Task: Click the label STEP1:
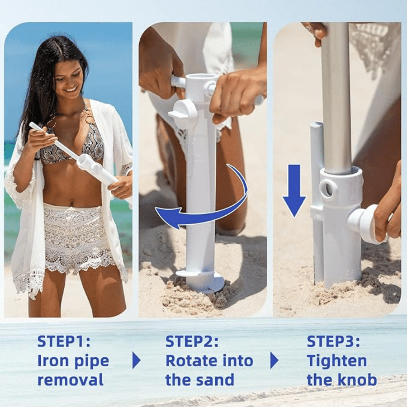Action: coord(64,341)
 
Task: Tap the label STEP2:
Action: coord(192,341)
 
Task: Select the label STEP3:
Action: coord(334,341)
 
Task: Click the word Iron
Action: coord(51,361)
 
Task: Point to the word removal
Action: coord(70,380)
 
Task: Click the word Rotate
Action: coord(191,361)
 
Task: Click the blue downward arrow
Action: coord(294,191)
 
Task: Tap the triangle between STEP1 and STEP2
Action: coord(136,361)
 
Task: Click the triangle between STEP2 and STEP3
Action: coord(274,361)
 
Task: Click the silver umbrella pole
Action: coord(335,98)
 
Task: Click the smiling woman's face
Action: coord(71,78)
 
